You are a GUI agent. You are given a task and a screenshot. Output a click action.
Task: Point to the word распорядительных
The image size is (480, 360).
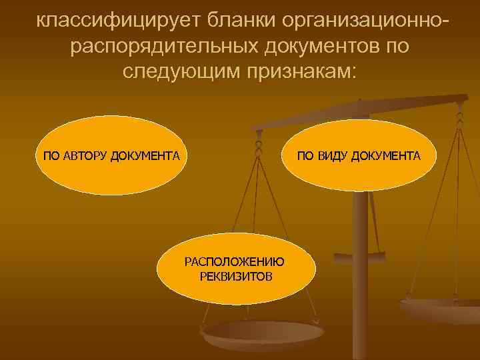tap(161, 47)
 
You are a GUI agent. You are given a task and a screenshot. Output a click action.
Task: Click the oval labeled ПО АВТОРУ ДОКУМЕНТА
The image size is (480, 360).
tap(110, 157)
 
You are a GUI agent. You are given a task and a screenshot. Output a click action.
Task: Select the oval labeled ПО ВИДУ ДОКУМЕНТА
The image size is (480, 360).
tap(359, 157)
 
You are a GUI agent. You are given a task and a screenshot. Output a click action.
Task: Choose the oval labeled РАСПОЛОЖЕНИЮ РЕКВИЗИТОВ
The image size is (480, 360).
tap(235, 269)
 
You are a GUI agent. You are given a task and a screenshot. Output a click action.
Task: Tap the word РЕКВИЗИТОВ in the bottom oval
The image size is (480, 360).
tap(235, 275)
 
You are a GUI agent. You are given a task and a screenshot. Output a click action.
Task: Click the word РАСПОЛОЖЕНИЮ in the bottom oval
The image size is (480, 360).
tap(235, 262)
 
